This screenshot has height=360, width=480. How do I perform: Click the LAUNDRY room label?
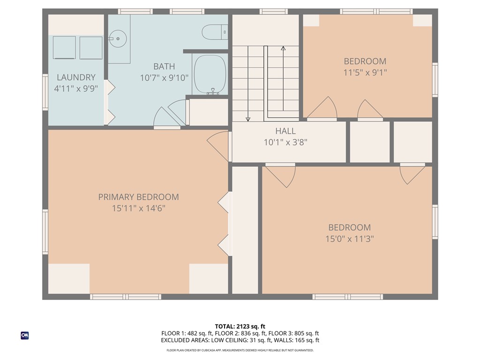click(x=76, y=77)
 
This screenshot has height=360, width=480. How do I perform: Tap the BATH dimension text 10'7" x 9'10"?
click(x=164, y=78)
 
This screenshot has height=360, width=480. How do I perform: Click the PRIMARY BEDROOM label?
click(x=138, y=197)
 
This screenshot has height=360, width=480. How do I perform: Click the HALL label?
click(x=285, y=131)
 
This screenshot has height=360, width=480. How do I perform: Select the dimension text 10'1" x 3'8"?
click(x=285, y=142)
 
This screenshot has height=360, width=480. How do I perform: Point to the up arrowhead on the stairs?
click(x=283, y=48)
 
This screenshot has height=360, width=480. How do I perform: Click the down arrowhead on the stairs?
click(x=248, y=119)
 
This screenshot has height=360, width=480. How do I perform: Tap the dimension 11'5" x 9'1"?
click(x=365, y=73)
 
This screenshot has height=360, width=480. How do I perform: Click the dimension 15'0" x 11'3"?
click(x=350, y=239)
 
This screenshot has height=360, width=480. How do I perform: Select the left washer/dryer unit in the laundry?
click(x=64, y=47)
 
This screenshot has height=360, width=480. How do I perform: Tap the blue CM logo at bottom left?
click(x=25, y=335)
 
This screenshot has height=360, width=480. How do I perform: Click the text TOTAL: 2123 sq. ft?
click(x=240, y=326)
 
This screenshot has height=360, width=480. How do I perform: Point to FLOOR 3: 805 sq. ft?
click(x=295, y=333)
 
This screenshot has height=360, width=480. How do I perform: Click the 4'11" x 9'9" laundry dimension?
click(x=76, y=88)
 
